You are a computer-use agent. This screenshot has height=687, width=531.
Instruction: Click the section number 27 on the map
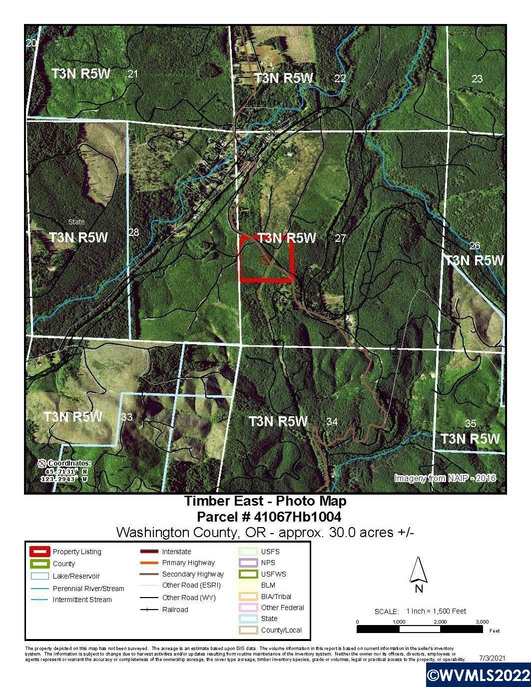click(340, 238)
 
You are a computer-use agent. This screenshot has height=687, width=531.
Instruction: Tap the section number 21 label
click(132, 74)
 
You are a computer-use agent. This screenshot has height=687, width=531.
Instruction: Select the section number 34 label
click(332, 422)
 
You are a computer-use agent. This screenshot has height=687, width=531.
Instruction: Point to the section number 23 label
click(477, 78)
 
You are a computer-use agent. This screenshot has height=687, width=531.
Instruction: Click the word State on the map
click(76, 221)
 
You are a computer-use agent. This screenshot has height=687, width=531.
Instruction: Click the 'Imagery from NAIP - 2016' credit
click(445, 478)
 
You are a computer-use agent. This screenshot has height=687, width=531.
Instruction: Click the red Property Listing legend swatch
click(39, 552)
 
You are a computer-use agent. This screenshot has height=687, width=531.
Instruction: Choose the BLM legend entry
click(268, 585)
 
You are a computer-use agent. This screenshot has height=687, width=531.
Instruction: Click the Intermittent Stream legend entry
click(82, 600)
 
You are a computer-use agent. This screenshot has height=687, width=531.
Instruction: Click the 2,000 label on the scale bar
click(440, 622)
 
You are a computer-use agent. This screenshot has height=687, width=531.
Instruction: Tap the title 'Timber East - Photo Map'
click(265, 501)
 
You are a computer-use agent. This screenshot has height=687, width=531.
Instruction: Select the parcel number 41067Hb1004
click(269, 516)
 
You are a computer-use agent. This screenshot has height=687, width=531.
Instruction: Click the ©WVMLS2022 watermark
click(478, 675)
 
